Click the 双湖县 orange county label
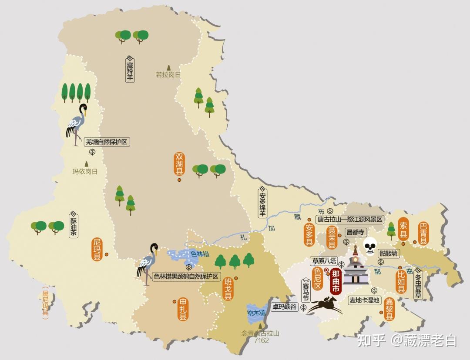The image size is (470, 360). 179,164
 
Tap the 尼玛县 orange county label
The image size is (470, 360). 97,249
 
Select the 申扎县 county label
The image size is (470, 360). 183,309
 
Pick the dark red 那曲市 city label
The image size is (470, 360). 336,282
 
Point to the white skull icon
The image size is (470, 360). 370,246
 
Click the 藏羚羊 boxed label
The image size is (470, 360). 130,70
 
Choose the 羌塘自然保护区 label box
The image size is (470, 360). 107,141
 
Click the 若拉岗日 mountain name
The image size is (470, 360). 168,75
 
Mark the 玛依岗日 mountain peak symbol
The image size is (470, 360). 86,163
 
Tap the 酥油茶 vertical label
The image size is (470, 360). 73,224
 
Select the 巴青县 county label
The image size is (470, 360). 423,233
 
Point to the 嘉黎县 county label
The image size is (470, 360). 389,309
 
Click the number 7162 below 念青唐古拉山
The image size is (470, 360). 262,340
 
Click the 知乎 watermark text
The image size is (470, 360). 371,340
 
